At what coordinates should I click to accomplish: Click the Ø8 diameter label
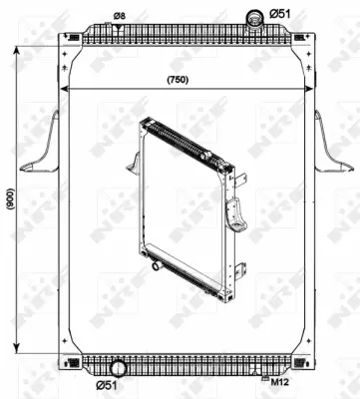119,15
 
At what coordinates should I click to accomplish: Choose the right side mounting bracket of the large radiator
326,139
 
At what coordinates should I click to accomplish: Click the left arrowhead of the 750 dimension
66,90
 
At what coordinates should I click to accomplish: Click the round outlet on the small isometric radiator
156,267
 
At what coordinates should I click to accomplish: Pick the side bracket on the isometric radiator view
236,213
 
